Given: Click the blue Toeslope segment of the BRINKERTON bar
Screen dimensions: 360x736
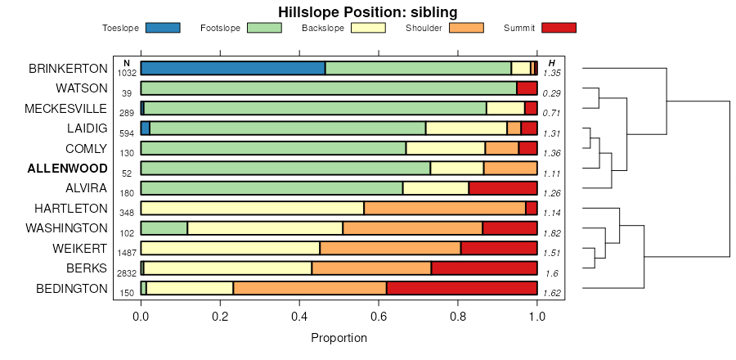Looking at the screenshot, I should click(233, 68).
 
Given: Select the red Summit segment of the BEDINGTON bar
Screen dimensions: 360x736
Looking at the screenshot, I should click(461, 288).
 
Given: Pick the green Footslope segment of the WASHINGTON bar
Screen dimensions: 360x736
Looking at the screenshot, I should click(164, 228).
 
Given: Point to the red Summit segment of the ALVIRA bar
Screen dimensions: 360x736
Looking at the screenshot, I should click(502, 188).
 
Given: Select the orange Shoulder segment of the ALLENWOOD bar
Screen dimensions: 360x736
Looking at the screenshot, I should click(509, 169).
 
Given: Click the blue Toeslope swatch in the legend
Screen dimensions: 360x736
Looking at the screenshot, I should click(162, 28).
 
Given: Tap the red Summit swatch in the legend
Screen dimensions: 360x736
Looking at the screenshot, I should click(559, 28).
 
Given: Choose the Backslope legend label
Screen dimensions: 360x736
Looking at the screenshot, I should click(322, 29).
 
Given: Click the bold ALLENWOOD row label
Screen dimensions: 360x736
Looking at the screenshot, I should click(67, 169).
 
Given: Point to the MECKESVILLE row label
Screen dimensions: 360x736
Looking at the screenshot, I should click(66, 108).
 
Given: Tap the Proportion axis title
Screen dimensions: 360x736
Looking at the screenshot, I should click(339, 337).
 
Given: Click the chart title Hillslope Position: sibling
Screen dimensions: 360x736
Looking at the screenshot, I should click(367, 11).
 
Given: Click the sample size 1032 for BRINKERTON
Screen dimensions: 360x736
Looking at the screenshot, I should click(127, 73).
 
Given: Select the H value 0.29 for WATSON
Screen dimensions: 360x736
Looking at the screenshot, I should click(551, 93).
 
